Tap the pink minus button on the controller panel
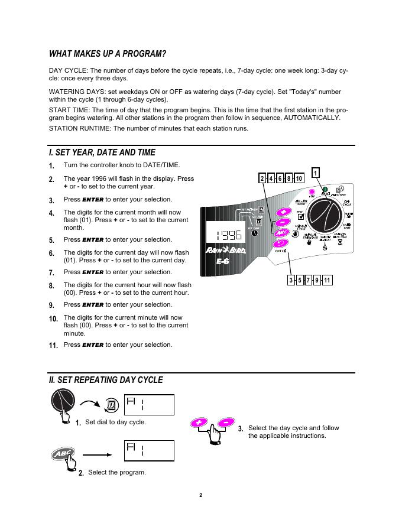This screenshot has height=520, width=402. pos(283,222)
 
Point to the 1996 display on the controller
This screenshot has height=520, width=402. pos(225,235)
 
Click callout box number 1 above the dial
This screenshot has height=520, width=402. pos(316,173)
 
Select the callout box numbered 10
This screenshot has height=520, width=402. pos(299,178)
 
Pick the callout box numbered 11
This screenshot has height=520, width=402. pos(327,280)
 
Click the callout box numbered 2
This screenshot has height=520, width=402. pos(262,178)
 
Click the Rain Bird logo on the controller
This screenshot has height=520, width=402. pos(225,251)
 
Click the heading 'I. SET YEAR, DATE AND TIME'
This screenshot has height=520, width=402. pos(102,152)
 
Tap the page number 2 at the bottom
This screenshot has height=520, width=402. pos(201,495)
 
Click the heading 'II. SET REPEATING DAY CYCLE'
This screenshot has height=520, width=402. pos(106,380)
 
